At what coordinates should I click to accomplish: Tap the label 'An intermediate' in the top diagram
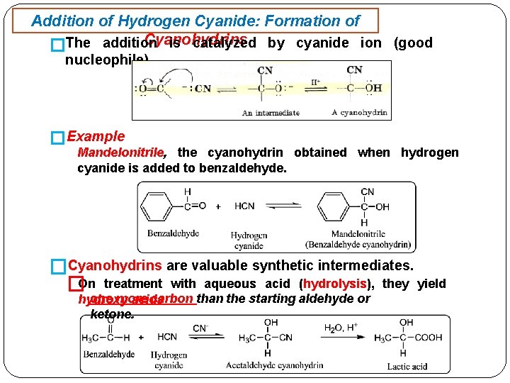(x=271, y=113)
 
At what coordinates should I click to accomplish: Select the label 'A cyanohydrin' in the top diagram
(x=359, y=113)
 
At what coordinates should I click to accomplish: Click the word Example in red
(x=96, y=136)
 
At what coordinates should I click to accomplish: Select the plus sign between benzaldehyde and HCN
(x=217, y=206)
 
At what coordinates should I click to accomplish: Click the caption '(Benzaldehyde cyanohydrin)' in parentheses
(x=358, y=245)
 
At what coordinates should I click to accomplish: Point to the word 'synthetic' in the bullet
(x=280, y=266)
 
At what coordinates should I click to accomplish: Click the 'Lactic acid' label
(x=407, y=367)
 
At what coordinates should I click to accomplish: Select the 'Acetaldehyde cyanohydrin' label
(x=274, y=366)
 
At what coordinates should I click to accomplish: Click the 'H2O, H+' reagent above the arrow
(x=342, y=327)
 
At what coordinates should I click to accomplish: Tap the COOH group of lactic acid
(x=428, y=338)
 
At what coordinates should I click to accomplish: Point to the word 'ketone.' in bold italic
(x=112, y=313)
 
